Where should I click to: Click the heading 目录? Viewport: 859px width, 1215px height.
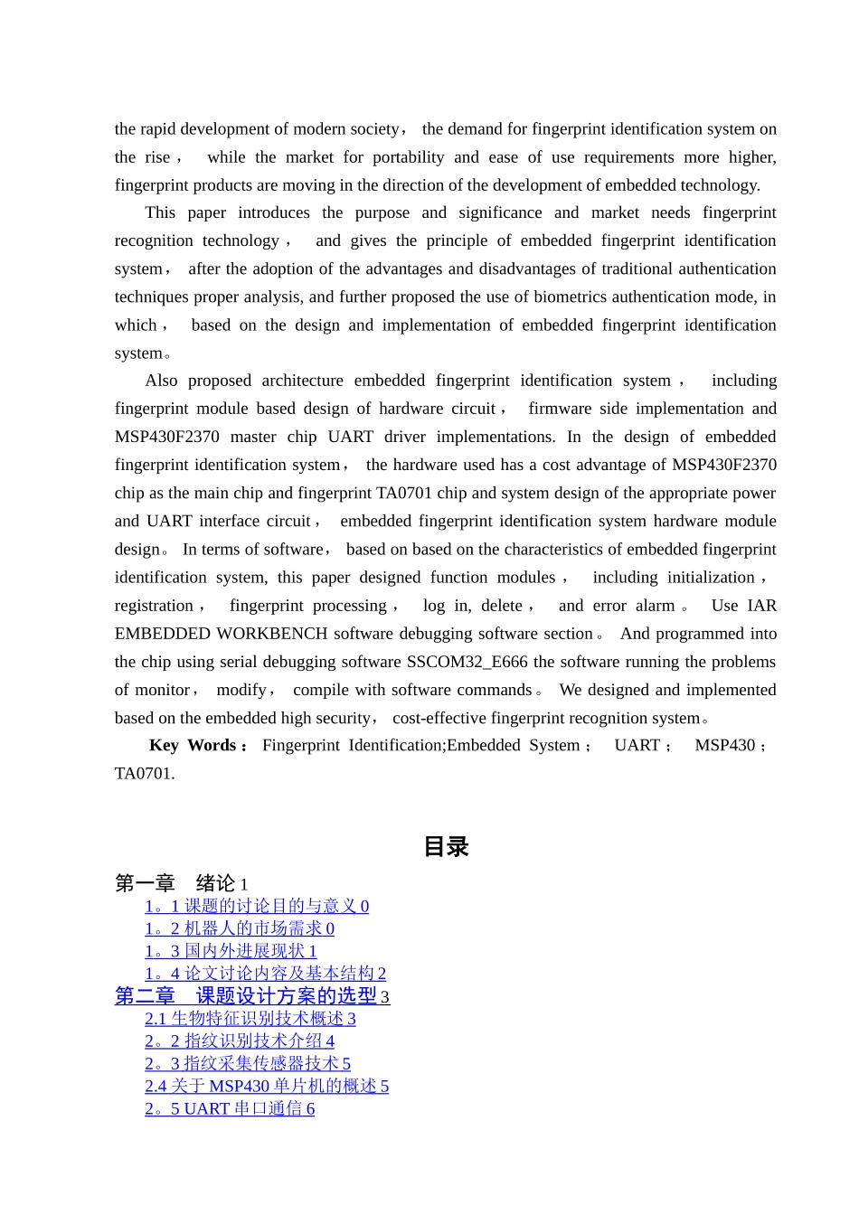pos(446,847)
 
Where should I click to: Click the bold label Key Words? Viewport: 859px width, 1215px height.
pos(193,746)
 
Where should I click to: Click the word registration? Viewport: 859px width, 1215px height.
pos(154,606)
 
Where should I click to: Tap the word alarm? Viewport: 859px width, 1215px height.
pos(655,606)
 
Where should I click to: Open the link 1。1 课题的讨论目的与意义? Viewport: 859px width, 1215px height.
pos(256,906)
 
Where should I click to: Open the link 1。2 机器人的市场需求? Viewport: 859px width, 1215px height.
pos(239,928)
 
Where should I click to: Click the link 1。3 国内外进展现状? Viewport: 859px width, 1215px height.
pos(231,951)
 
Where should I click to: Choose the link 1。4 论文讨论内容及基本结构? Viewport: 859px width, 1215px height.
pos(265,974)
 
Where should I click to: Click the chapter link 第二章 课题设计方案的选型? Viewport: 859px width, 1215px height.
pos(251,996)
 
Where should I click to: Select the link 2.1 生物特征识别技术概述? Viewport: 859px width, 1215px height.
pos(250,1019)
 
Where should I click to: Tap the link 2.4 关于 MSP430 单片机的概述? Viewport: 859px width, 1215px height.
pos(266,1086)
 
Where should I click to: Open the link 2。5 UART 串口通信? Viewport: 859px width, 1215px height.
pos(230,1108)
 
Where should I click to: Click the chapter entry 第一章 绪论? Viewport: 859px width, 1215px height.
pos(181,883)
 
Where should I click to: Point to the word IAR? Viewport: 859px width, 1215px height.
pos(761,606)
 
